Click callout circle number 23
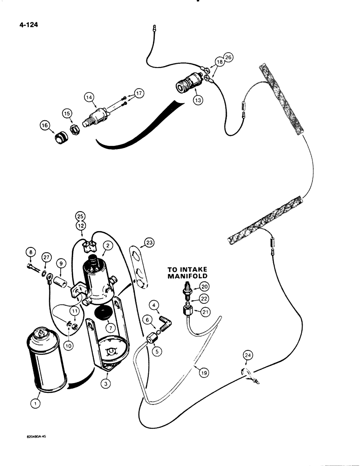149,242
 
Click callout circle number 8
31,254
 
